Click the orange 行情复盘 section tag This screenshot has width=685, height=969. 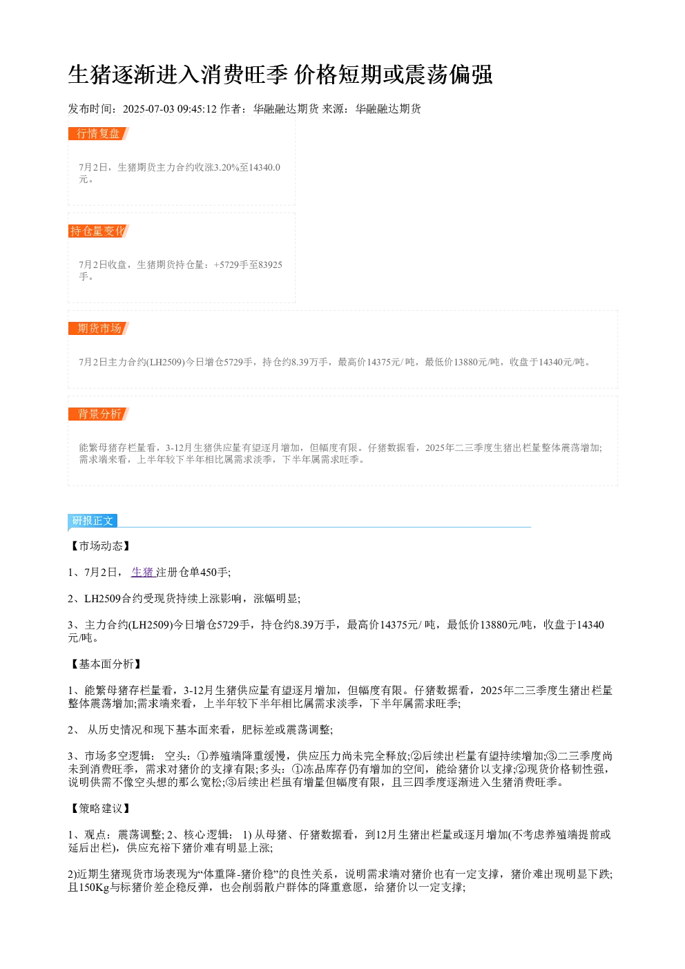coord(99,133)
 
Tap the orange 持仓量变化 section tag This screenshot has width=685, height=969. coord(99,231)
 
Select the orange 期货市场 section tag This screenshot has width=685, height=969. coord(99,328)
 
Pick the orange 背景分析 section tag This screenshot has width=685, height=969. coord(99,414)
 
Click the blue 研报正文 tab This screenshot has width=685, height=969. coord(93,520)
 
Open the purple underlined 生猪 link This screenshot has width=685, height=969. coord(143,573)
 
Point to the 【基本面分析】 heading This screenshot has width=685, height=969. coord(106,664)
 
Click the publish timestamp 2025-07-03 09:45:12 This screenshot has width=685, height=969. coord(169,108)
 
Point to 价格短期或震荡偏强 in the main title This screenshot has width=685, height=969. coord(393,75)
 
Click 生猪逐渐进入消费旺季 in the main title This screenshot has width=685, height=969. coord(177,75)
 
